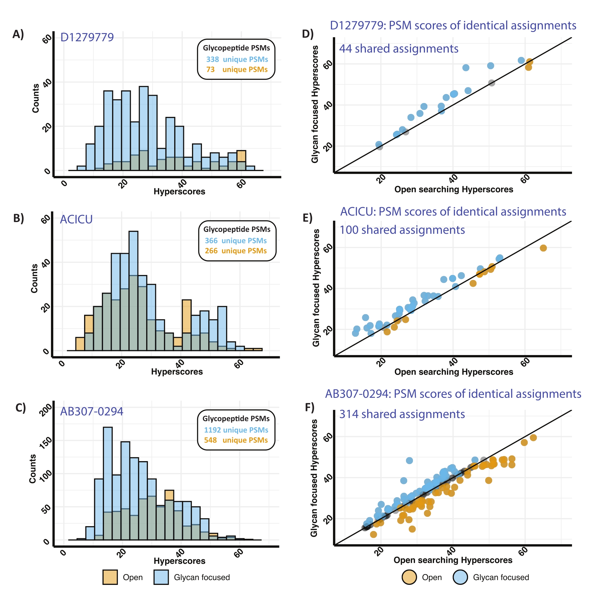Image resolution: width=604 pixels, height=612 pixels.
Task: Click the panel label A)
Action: [x=18, y=34]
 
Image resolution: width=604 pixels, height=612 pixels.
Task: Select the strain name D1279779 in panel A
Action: [x=87, y=37]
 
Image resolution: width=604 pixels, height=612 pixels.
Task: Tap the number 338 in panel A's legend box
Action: [x=212, y=59]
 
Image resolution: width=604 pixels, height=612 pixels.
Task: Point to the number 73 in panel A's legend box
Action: [x=210, y=69]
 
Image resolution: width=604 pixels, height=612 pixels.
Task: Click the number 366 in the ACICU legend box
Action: [x=211, y=240]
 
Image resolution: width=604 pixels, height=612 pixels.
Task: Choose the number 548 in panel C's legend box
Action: [x=210, y=440]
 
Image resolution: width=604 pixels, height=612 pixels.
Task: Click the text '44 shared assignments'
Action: [x=398, y=49]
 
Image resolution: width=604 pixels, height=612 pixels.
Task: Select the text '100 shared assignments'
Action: [x=402, y=230]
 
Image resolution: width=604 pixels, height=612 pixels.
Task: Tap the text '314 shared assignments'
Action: [x=402, y=414]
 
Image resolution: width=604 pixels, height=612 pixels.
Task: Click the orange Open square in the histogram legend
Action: [x=110, y=577]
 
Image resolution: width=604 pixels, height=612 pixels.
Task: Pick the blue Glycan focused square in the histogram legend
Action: [x=161, y=577]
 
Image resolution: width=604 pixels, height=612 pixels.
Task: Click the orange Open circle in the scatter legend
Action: [x=409, y=577]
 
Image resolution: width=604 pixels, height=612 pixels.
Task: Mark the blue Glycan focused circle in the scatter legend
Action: [x=460, y=577]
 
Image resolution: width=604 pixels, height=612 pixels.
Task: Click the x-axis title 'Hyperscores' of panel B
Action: [x=177, y=372]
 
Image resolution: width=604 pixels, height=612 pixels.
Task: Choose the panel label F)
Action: [x=310, y=407]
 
